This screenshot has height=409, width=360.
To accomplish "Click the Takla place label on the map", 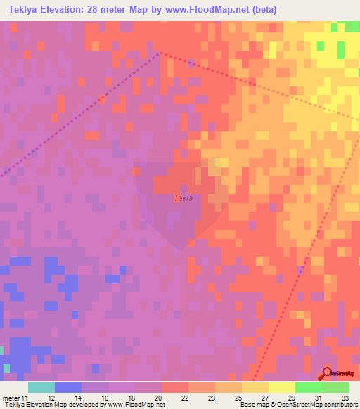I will [183, 198].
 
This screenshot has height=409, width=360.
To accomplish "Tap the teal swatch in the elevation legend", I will [41, 387].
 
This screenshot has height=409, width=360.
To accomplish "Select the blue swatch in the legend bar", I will [67, 387].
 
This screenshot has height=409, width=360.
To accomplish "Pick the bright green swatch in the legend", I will [309, 387].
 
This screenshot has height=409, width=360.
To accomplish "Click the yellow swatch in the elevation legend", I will [282, 387].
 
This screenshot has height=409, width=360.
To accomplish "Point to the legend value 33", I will [344, 398].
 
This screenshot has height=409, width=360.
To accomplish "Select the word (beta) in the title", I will [266, 10].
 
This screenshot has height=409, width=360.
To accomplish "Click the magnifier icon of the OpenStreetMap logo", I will [327, 372].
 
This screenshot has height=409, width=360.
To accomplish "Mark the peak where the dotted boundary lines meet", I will [160, 52].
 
